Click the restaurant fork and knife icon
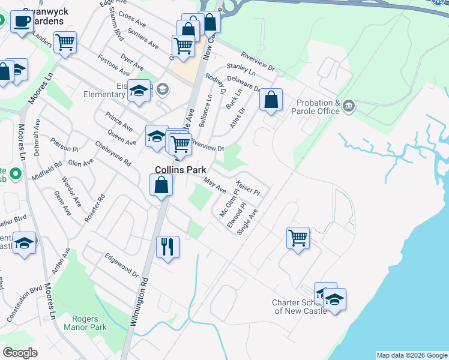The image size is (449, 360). (x=167, y=245)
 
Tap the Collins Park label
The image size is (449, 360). (x=181, y=170)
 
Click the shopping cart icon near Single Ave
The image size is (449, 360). (x=298, y=238)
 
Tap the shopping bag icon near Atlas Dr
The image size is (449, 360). (x=271, y=99)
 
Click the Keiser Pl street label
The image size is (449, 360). (x=248, y=188)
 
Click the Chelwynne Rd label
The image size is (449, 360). (x=113, y=154)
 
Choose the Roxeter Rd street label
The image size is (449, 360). (x=95, y=208)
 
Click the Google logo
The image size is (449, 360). (x=20, y=353)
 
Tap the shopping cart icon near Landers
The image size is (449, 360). (x=65, y=43)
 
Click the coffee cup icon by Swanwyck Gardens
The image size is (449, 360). (x=22, y=22)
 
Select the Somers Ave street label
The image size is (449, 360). (x=143, y=40)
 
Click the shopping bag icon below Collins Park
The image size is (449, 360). (x=161, y=184)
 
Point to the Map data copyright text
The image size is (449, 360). (x=411, y=355)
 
